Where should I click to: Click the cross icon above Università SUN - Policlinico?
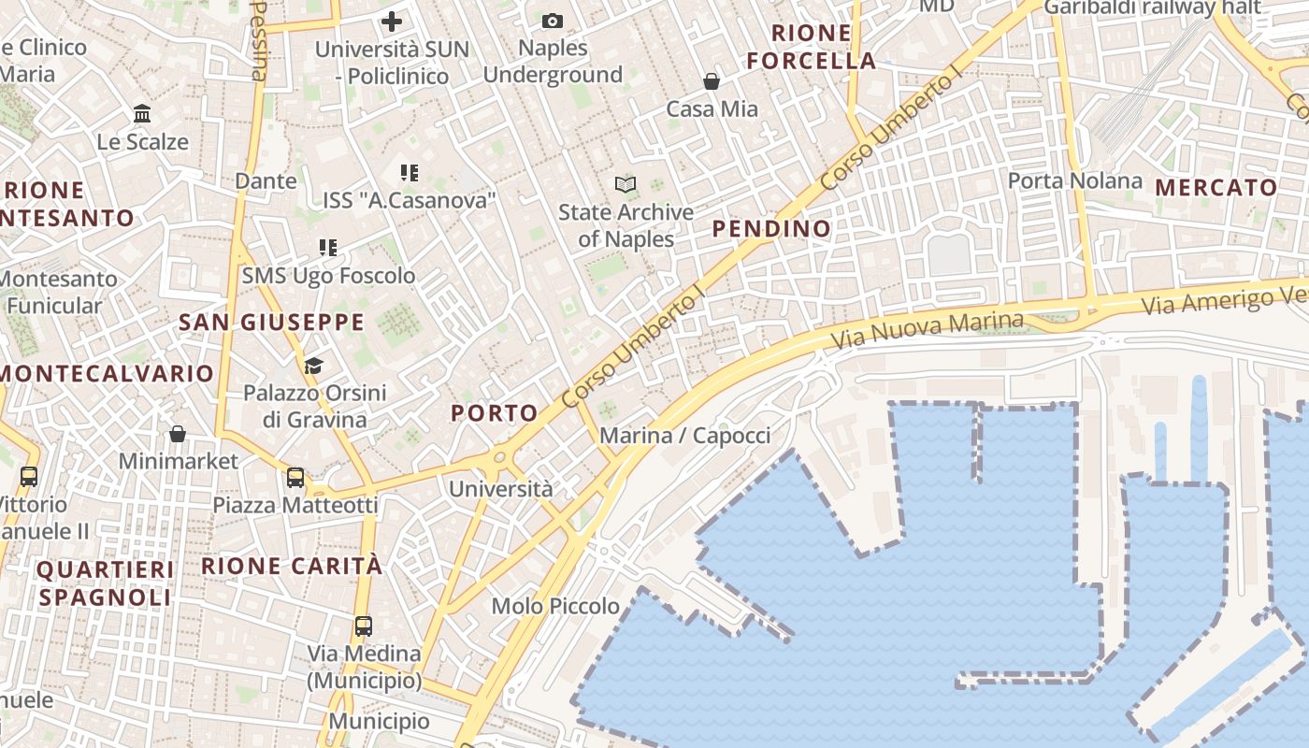392,21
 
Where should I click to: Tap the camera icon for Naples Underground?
553,21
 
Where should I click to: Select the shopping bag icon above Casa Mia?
712,81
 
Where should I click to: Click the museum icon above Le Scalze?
142,114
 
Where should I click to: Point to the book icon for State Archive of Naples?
626,184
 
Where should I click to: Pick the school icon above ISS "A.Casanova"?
409,172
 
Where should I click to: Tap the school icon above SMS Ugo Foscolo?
327,248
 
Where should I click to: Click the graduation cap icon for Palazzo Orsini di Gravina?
313,365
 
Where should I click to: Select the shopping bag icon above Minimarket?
178,434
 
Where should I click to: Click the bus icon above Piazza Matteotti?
295,478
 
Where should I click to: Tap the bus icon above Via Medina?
364,626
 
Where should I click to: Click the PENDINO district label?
771,229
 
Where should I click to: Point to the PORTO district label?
495,413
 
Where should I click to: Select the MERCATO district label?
1215,188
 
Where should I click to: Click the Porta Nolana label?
1075,180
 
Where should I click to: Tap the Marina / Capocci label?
685,436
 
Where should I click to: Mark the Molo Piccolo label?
555,606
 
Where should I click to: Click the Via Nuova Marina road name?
928,330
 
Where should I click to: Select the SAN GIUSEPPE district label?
271,323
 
